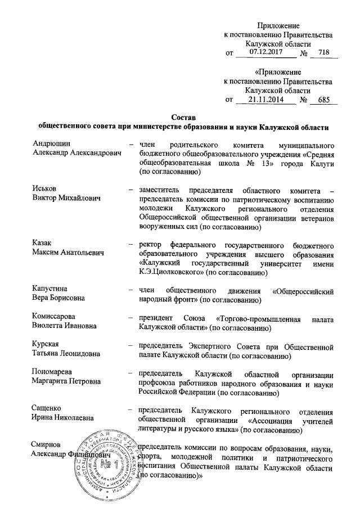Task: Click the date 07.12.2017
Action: click(x=265, y=52)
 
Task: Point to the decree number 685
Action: click(x=322, y=100)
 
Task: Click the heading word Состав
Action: click(x=182, y=118)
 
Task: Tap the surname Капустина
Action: click(x=52, y=291)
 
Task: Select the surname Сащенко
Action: click(x=47, y=407)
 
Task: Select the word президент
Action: click(x=159, y=316)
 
